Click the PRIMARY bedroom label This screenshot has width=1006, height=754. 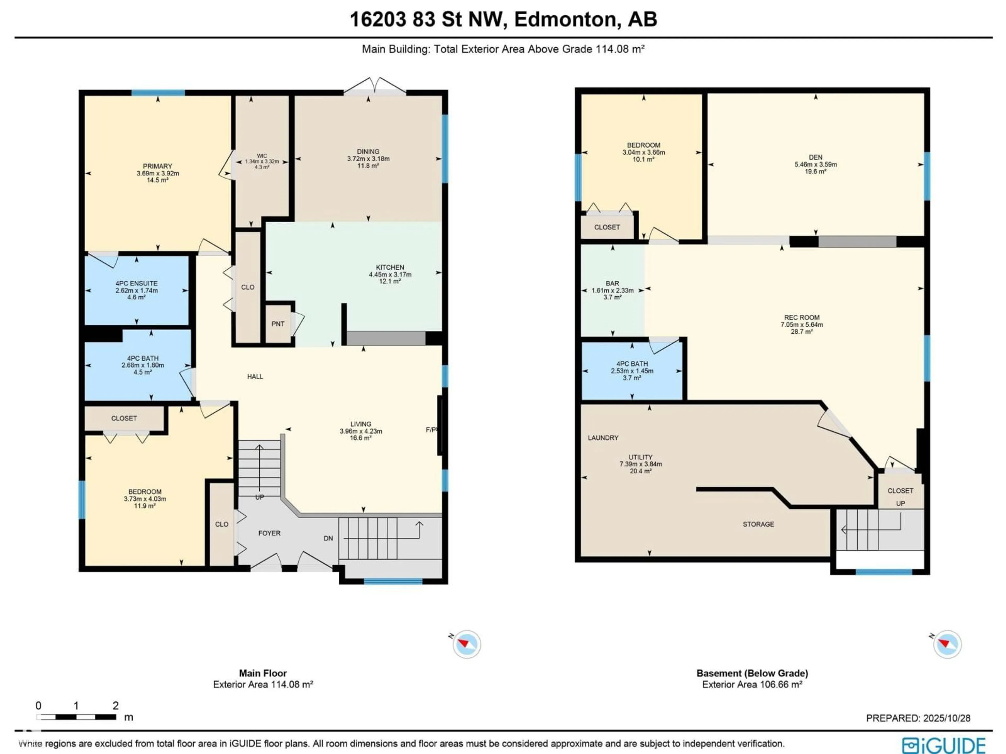coord(157,166)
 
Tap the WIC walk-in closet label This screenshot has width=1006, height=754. coord(262,156)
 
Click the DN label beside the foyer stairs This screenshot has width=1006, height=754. coord(328,538)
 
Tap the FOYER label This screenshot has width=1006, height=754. coord(269,533)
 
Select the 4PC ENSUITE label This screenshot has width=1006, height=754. coord(136,284)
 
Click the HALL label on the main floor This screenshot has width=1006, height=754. coord(255,376)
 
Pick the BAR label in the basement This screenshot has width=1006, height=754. coord(612,283)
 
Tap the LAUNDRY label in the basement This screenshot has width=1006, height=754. coord(603,438)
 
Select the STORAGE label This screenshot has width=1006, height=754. coord(758,524)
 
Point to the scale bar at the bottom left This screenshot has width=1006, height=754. coord(76,717)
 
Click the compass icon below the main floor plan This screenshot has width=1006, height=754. coord(466,644)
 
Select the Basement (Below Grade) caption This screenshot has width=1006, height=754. coord(752,673)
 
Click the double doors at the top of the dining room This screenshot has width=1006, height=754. coord(374,87)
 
